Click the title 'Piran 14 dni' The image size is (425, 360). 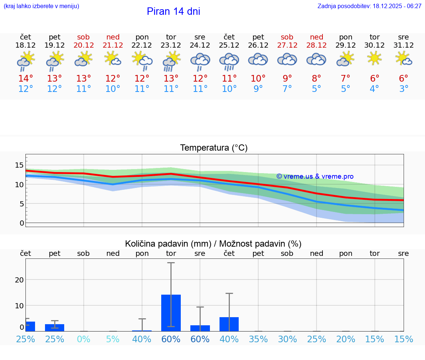point(173,11)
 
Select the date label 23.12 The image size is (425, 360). point(171,45)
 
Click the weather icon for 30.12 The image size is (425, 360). point(374,59)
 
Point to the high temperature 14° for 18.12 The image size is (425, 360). point(25,79)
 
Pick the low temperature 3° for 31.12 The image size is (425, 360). point(404,89)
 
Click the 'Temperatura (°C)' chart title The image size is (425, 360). point(214,148)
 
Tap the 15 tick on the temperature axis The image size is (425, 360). point(19,165)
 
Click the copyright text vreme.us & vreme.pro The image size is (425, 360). point(315,176)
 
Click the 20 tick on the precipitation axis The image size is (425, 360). point(19,280)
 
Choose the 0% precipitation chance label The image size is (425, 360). point(84,339)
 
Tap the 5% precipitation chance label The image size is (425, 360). point(113,339)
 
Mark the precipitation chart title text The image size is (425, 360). point(213,244)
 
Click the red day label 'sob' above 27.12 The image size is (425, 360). point(287,37)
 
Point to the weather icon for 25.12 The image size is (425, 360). point(229,61)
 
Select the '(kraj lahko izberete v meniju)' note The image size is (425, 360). point(41,6)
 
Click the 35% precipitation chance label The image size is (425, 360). point(258,339)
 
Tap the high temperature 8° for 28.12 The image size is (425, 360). point(316,79)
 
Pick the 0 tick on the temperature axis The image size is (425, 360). point(22,223)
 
